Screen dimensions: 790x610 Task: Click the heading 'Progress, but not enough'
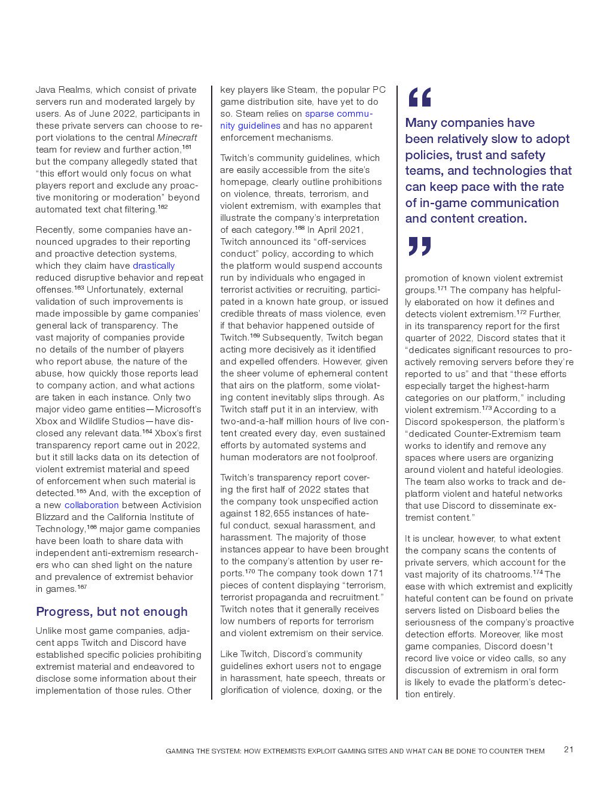112,612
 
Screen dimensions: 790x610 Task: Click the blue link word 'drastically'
154,266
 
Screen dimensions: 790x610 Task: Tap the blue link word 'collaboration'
91,505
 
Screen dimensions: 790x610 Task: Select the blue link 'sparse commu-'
338,114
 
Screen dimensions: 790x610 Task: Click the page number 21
569,750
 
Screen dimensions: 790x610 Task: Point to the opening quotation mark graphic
419,97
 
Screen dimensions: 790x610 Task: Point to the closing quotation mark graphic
419,246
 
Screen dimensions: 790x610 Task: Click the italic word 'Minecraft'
176,138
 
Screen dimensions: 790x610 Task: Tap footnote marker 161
187,147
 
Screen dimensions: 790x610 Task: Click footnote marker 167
82,587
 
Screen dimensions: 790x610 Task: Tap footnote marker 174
538,572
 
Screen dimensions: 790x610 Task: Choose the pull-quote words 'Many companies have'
469,123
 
